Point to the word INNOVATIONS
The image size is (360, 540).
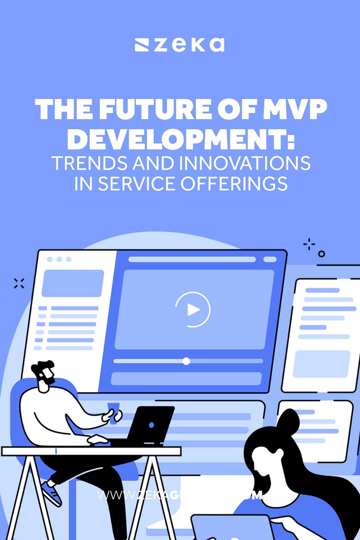(x=245, y=163)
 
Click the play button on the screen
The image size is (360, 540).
(x=193, y=310)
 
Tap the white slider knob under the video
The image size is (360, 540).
(x=186, y=361)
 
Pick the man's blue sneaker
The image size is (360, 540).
(x=51, y=493)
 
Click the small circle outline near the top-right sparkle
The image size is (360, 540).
(x=321, y=254)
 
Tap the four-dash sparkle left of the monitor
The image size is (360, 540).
(x=19, y=283)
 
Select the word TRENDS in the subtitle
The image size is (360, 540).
(x=90, y=163)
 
